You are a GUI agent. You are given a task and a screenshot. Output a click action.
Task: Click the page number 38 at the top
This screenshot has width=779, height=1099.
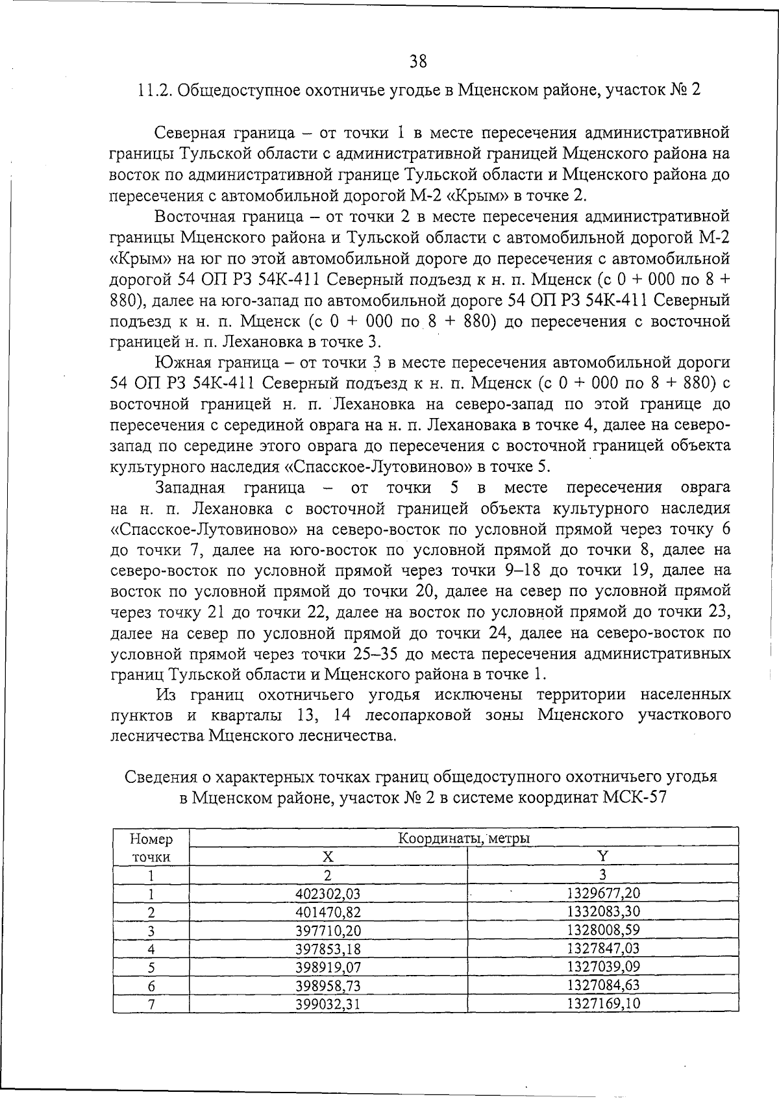coord(418,61)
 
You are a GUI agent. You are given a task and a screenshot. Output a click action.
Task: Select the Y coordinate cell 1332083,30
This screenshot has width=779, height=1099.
coord(603,911)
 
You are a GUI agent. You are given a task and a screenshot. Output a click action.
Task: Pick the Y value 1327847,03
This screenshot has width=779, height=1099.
coord(603,948)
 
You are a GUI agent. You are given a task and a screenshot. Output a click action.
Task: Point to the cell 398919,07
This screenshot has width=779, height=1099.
coord(327,967)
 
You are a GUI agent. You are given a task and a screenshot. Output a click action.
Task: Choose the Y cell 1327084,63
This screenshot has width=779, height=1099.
coord(603,985)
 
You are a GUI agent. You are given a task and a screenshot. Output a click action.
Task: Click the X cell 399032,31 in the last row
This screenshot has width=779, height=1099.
coord(327,1004)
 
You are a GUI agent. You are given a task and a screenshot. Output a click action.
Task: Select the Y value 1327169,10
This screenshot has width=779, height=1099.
coord(603,1004)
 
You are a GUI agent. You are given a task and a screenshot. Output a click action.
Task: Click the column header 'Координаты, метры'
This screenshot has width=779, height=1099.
coord(464,838)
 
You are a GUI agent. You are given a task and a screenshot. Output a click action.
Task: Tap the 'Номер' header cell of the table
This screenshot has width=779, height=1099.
coord(151,839)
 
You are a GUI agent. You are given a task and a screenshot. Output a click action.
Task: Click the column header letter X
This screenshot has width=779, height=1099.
coord(328,857)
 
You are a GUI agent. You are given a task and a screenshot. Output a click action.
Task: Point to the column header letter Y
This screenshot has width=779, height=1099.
coord(602,856)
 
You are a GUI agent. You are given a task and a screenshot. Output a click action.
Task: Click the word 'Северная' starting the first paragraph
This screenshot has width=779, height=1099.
coord(189,133)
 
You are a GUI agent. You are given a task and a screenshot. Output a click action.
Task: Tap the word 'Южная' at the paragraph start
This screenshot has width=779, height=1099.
coord(180,362)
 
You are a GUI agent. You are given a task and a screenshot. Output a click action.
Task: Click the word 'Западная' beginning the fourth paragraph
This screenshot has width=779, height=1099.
coord(190,488)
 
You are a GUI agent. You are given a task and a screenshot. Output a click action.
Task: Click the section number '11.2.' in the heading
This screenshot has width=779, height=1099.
coord(154,90)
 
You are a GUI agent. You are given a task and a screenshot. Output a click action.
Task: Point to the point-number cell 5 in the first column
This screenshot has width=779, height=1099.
coord(151,967)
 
